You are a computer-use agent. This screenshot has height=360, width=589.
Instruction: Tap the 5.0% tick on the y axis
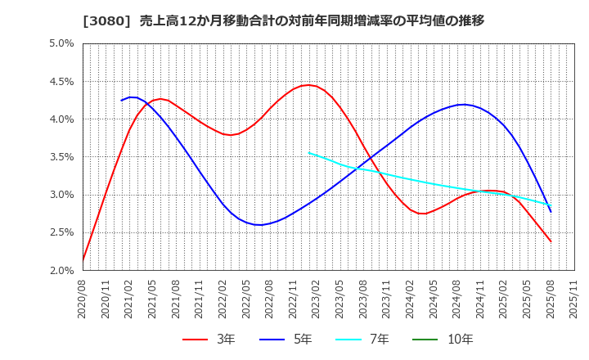tap(61, 43)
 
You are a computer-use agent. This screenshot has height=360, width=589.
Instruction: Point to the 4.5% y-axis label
tap(61, 81)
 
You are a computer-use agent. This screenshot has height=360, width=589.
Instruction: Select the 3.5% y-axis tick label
tap(61, 156)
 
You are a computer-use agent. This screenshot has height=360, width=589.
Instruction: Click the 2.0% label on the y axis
tap(61, 270)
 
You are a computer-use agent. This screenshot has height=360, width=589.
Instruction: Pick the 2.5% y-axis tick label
tap(61, 232)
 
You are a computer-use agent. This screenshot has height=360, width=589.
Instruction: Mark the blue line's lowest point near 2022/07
tap(259, 225)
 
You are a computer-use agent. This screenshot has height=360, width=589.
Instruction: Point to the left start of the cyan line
tap(308, 152)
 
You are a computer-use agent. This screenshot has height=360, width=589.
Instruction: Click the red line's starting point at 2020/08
tap(83, 260)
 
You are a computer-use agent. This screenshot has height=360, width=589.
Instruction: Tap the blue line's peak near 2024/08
tap(463, 105)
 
